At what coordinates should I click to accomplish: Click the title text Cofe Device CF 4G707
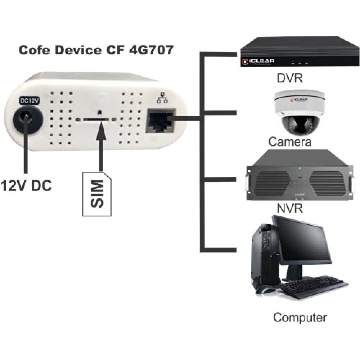coord(95,50)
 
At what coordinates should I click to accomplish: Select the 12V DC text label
coord(26,186)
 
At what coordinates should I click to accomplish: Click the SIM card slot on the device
coord(96,118)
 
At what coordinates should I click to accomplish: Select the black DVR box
coord(300,54)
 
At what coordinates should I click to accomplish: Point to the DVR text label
coord(289,78)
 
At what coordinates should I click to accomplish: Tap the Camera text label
coord(290,142)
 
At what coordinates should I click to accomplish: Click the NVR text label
coord(290,208)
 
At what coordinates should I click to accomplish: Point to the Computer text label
coord(300,318)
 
